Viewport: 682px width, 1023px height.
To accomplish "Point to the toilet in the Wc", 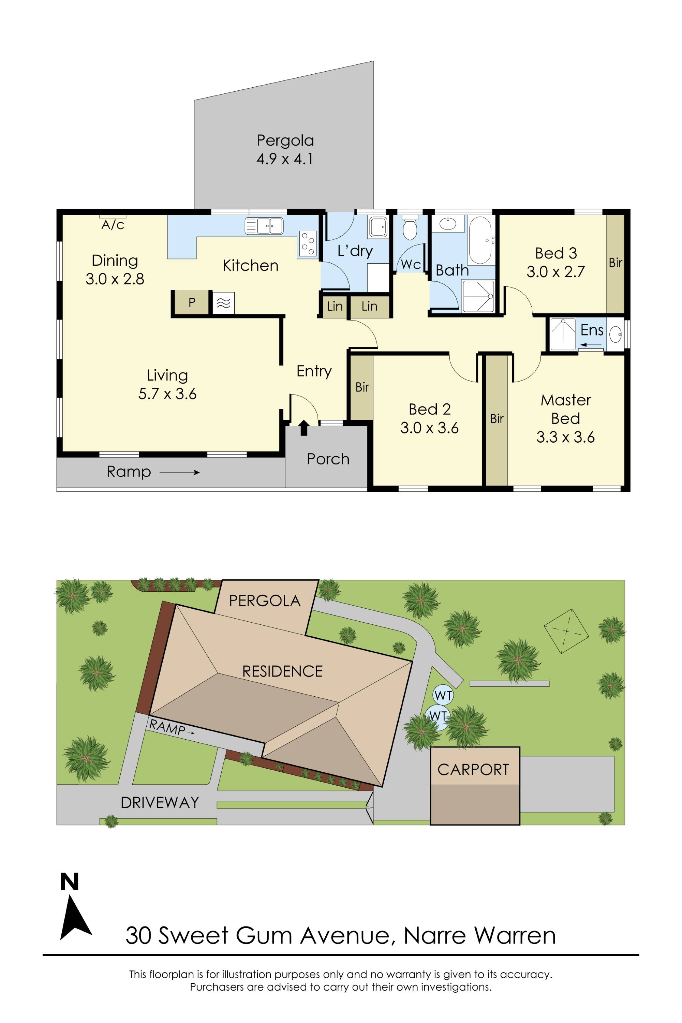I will (x=409, y=229).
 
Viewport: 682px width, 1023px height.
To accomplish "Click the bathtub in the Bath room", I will (x=480, y=240).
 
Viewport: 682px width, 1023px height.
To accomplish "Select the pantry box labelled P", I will (x=191, y=302).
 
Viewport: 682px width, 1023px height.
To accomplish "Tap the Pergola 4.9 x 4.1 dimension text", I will (x=284, y=159).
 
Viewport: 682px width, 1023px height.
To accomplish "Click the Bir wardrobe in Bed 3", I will (x=615, y=263).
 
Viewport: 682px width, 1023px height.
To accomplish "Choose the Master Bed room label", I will (x=565, y=409).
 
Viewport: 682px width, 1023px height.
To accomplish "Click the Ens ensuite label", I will (x=592, y=330).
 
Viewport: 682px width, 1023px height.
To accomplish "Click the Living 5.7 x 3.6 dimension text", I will (x=167, y=394).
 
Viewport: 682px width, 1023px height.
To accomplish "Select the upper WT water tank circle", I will (x=443, y=696).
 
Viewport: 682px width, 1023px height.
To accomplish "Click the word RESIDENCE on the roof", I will (x=282, y=671).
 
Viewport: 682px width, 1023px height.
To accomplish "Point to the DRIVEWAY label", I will (x=160, y=802).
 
